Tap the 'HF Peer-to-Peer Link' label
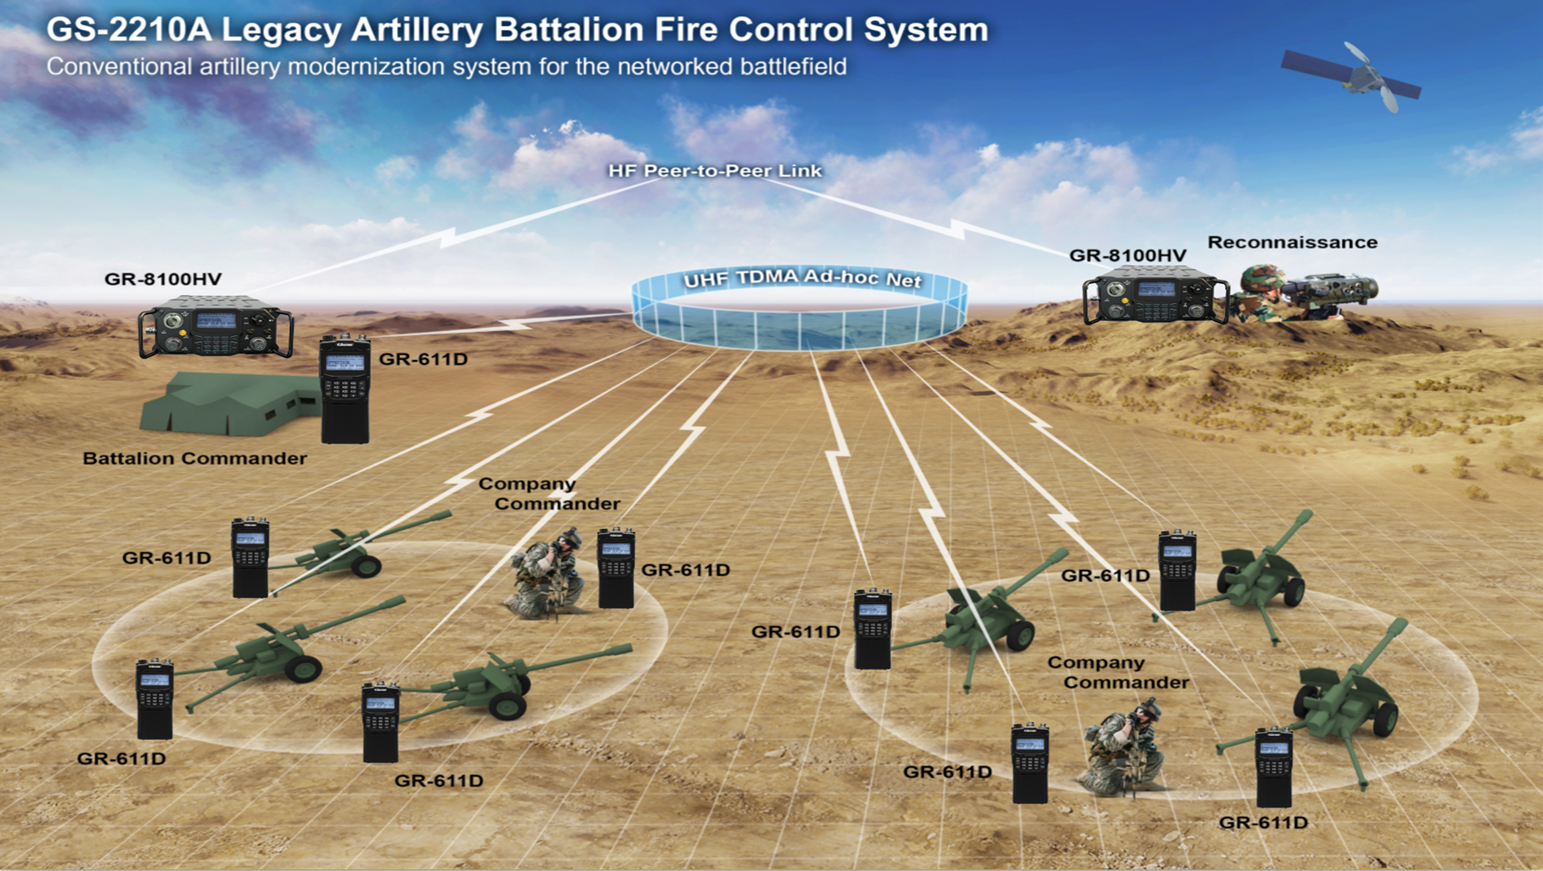[x=715, y=171]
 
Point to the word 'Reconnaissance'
[x=1292, y=242]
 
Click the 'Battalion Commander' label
[x=195, y=458]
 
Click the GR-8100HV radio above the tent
[x=216, y=332]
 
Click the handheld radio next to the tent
[x=344, y=389]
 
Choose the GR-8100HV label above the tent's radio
[x=163, y=279]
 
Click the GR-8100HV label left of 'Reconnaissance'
[x=1127, y=256]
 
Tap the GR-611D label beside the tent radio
[x=423, y=359]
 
